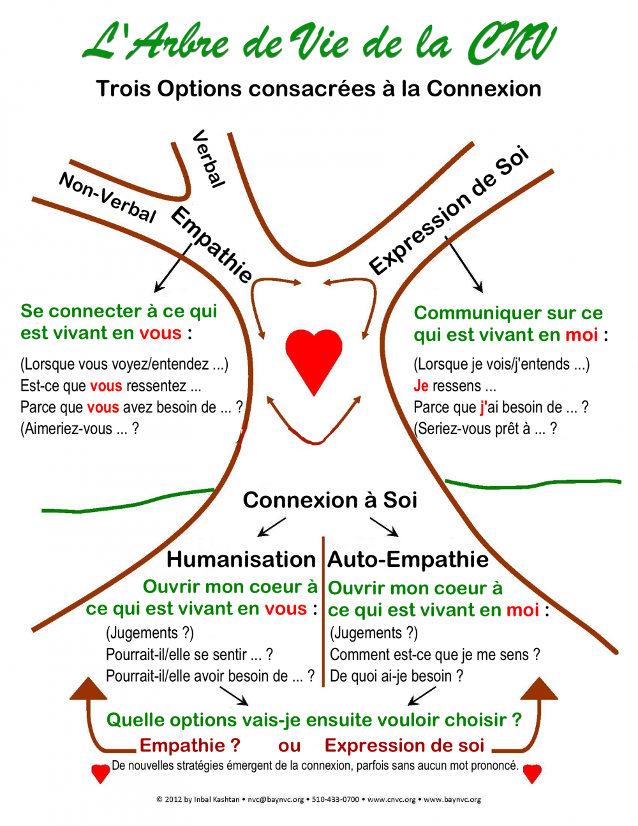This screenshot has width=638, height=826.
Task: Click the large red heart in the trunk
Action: coord(314,359)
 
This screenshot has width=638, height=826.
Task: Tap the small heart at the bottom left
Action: coord(101,773)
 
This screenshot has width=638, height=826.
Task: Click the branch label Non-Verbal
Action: coord(107,197)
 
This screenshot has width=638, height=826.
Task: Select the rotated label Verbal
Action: coord(209,159)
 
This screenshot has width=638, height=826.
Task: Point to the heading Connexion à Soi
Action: coord(330,500)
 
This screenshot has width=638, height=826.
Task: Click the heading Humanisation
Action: coord(241,560)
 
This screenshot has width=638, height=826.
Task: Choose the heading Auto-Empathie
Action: coord(408,560)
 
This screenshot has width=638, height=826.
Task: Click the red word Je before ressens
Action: coord(421,386)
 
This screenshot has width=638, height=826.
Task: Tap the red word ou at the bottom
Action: coord(290,746)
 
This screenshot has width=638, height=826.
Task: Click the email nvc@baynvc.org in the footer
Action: coord(276,799)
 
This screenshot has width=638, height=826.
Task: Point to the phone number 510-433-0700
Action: coord(336,799)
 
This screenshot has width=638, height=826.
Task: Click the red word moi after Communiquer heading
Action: coord(582,335)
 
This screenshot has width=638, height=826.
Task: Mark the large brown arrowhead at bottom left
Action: coord(89,688)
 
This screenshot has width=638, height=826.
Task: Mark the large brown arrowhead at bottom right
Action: coord(539,688)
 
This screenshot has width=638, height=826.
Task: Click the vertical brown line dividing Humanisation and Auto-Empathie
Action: coord(323,612)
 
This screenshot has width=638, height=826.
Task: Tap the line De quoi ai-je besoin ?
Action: coord(396,677)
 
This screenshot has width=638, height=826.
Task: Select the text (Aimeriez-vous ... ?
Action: coord(80,429)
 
